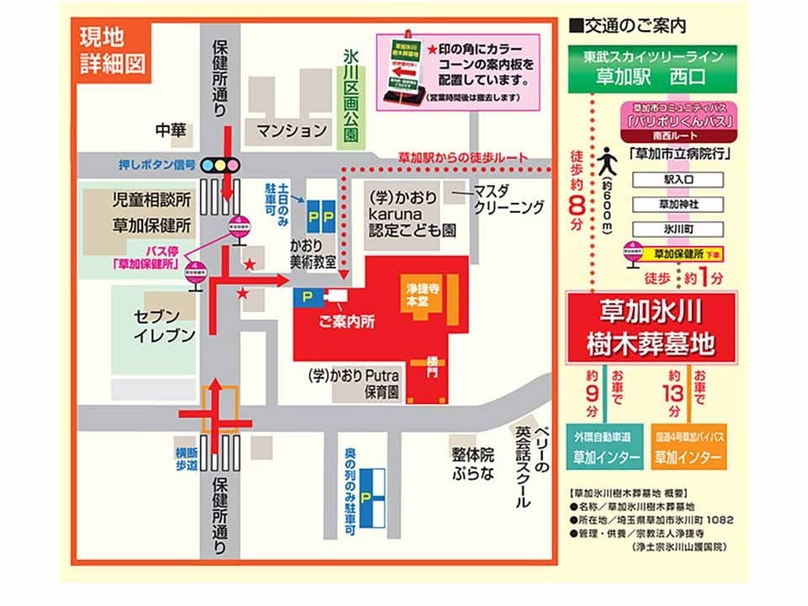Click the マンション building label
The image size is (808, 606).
291,130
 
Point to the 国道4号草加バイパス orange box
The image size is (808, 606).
688,447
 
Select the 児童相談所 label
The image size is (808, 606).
152,201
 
